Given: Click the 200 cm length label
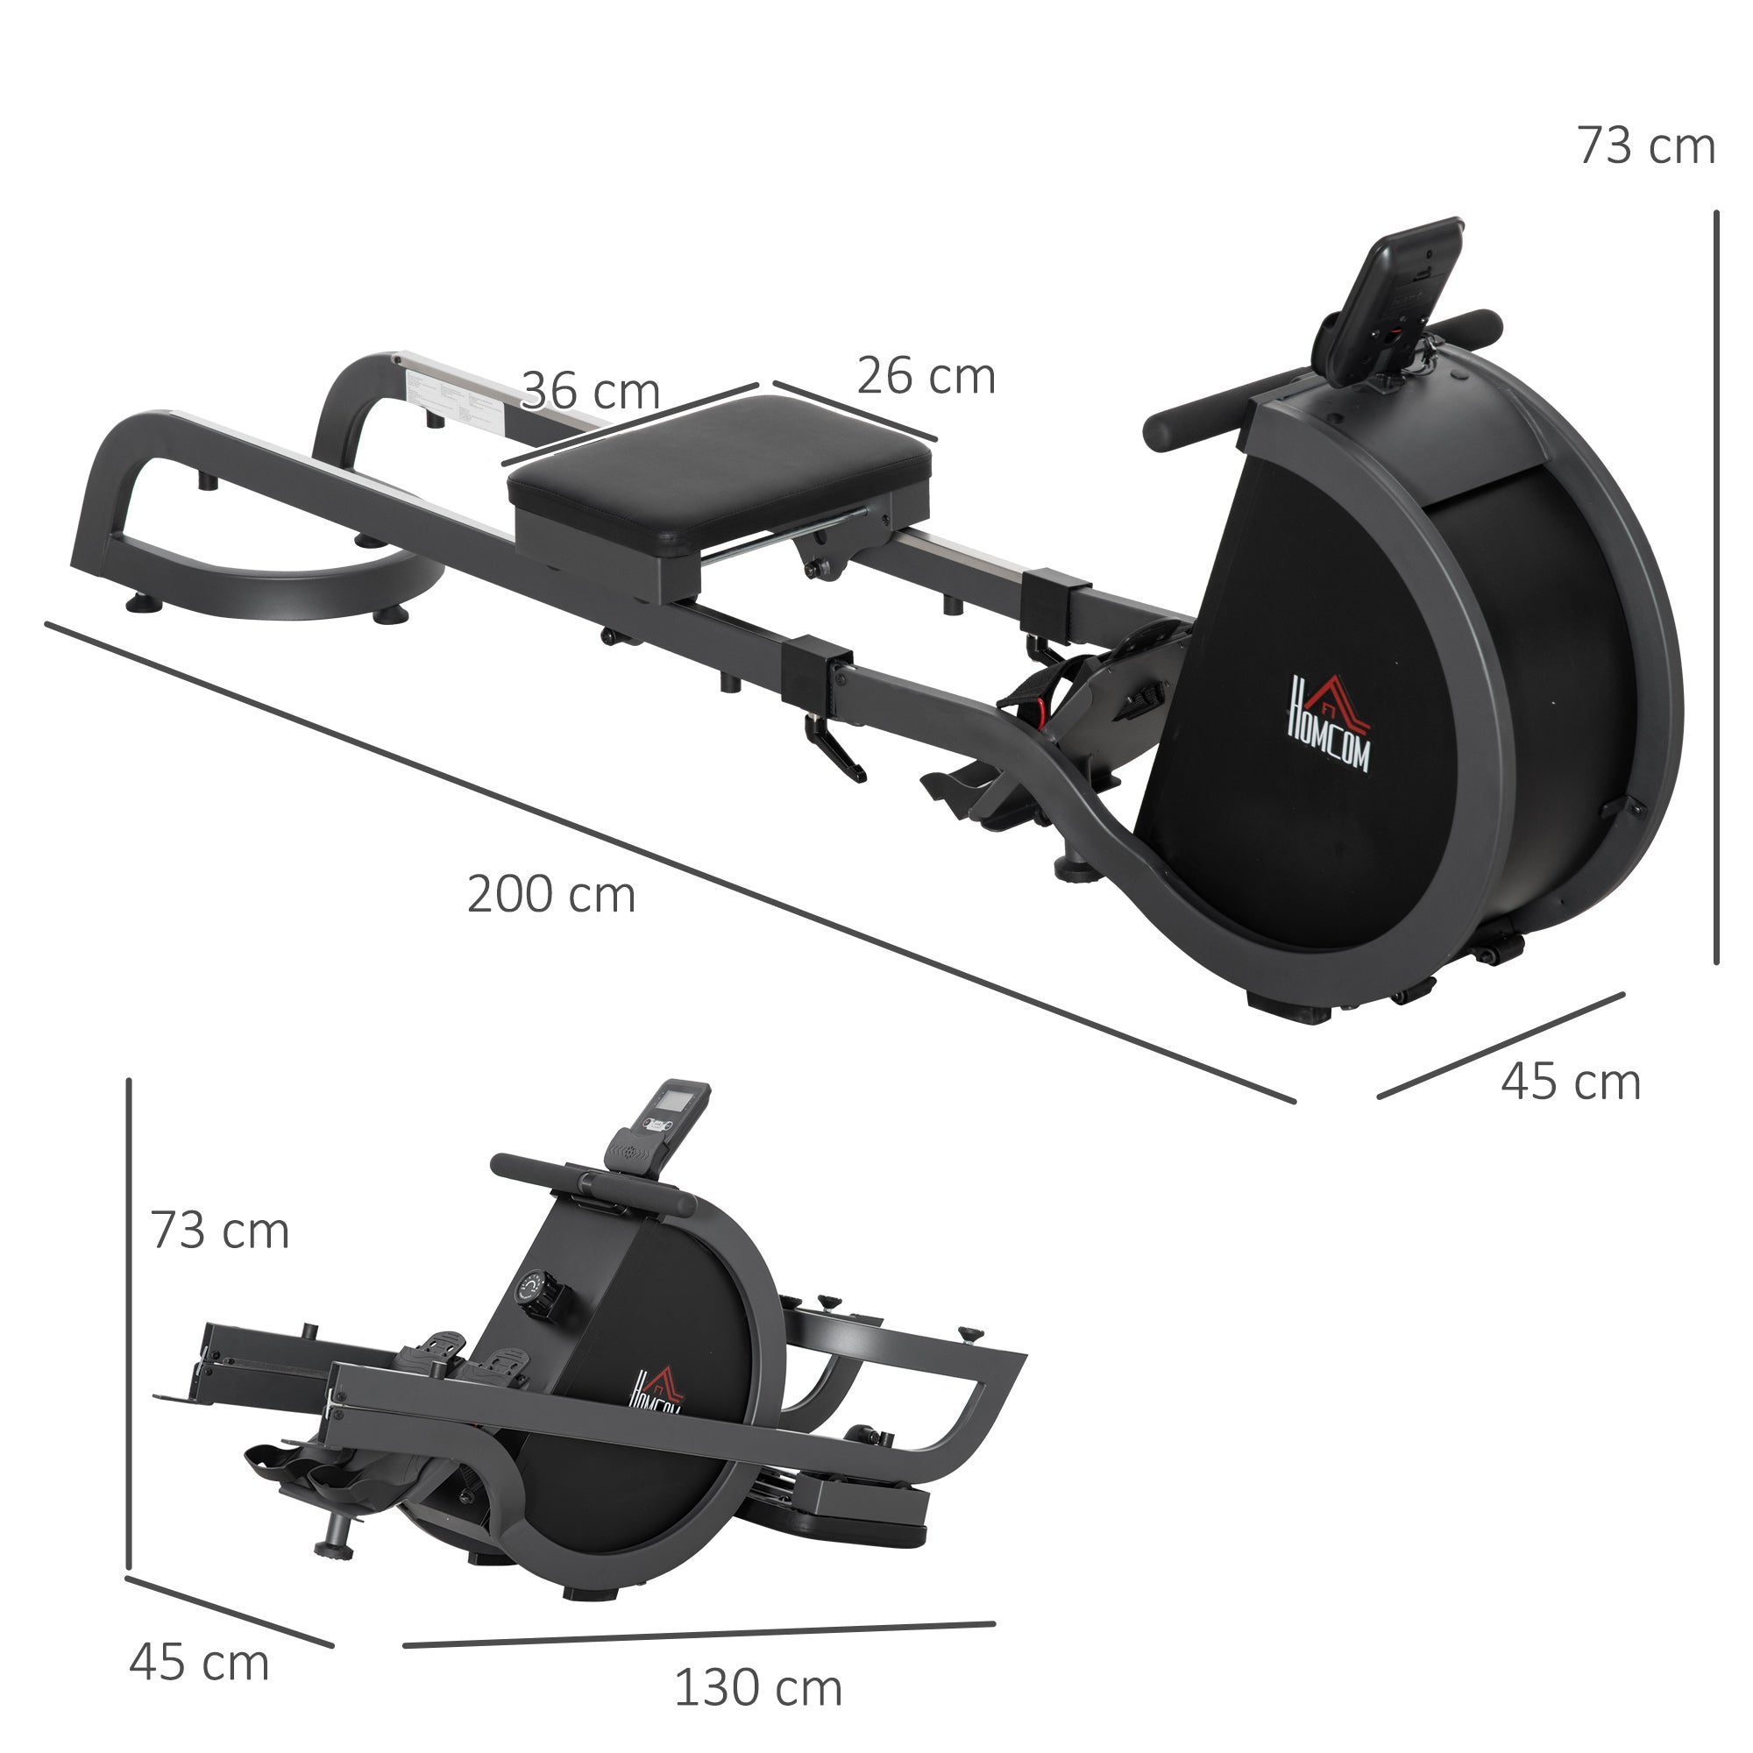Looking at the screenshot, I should pos(550,896).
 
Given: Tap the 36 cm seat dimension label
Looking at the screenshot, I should pos(591,392).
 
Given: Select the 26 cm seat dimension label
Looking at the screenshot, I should pos(926,377).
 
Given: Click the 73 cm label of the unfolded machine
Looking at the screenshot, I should pos(1645,146).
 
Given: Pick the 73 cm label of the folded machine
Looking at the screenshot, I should pos(220,1231).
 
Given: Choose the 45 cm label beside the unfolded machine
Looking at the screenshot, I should pos(1571,1082).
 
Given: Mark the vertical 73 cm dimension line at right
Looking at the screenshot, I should pos(1716,590).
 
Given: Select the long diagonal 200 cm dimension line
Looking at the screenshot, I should pos(671,862).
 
